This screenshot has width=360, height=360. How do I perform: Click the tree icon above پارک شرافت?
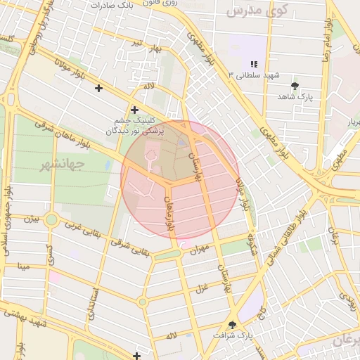coord(233,325)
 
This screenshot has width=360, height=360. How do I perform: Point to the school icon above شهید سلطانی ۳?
coord(253,64)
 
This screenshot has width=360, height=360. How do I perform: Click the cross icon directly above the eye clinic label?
coord(134,110)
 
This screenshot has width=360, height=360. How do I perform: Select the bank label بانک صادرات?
coord(116,5)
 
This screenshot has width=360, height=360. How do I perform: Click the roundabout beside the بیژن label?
coord(51,220)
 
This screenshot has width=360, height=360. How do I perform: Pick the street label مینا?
coord(24,266)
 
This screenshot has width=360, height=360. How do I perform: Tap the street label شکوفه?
coord(252,247)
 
